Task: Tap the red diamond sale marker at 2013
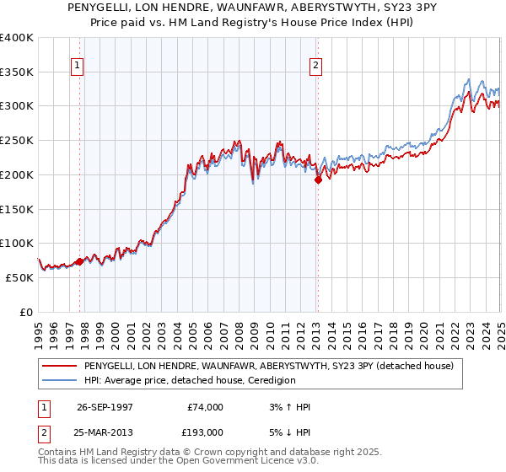(318, 179)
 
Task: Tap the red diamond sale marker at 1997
(80, 261)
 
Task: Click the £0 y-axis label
(24, 312)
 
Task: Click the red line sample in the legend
(60, 366)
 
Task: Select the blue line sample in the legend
(60, 381)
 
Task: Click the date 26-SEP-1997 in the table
(105, 407)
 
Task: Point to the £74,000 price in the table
(206, 407)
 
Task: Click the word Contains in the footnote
(60, 452)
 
